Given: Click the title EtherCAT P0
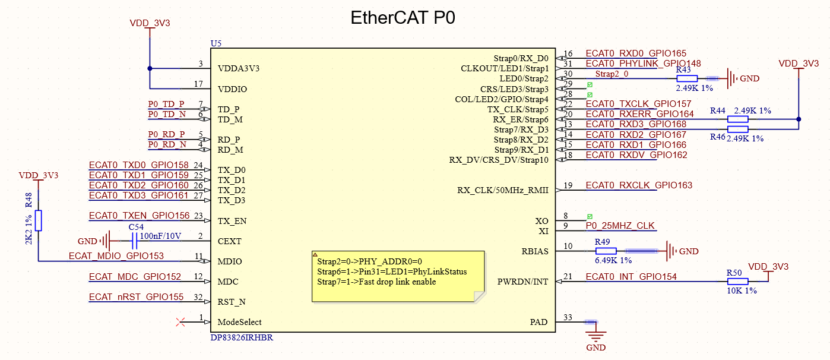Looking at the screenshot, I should coord(403,18).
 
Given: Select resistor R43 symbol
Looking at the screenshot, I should coord(687,78).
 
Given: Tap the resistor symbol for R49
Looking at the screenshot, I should coord(606,251).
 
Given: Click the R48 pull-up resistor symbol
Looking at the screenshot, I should coord(39,220).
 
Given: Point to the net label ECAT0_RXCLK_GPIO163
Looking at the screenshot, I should coord(639,185).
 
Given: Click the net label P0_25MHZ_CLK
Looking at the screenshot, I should coord(620,226).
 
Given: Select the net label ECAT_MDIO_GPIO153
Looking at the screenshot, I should coord(116,256).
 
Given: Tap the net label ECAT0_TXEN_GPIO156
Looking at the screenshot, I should coord(139,216).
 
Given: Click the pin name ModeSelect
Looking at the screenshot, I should coord(240,322).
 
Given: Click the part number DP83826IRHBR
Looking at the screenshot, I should coord(242,337).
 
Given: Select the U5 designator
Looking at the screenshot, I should coord(216,43).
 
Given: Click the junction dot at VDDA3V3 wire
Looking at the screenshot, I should coord(150,68).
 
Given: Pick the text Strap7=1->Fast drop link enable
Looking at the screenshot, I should coord(376,282).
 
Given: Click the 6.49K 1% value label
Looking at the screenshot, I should coord(613,261).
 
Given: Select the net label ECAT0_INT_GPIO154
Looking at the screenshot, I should coord(631,277).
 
